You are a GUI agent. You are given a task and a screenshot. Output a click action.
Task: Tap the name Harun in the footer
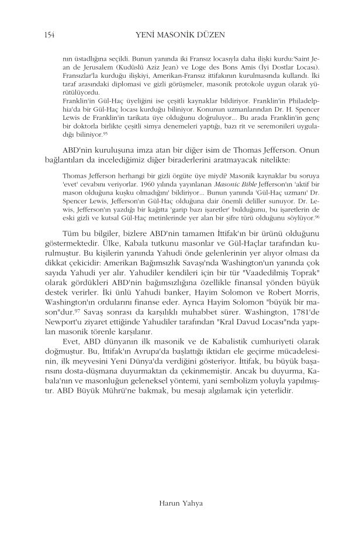click(163, 501)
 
